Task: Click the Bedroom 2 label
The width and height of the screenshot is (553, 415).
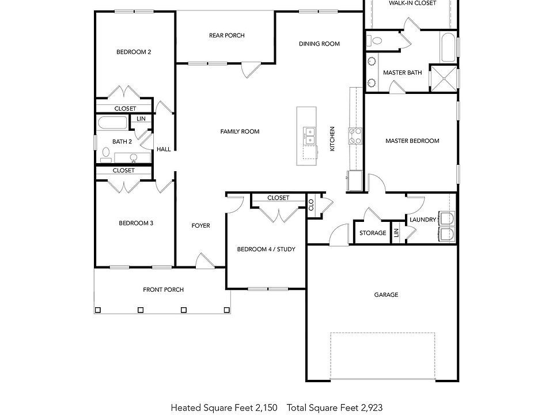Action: pos(134,52)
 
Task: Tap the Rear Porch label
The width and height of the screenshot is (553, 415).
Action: pos(226,36)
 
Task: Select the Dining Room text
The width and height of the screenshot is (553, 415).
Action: pos(319,44)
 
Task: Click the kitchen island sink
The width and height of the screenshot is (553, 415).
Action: pos(309,135)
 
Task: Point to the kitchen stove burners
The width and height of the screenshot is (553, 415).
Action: pos(355,135)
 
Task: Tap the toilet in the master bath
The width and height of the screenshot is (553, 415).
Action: pos(376,40)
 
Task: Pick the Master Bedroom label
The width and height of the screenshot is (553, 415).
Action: pos(412,141)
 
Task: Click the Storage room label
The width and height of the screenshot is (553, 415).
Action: pos(373,233)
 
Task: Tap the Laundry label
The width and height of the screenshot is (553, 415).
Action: pos(422,220)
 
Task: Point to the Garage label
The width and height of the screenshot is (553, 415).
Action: pos(386,295)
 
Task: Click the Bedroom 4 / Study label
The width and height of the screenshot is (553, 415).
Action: pos(266,250)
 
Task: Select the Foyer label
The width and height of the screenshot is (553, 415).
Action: pos(200,225)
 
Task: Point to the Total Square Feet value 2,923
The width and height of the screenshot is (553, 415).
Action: pos(370,408)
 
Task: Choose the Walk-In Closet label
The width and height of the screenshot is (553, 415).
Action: pos(412,3)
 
